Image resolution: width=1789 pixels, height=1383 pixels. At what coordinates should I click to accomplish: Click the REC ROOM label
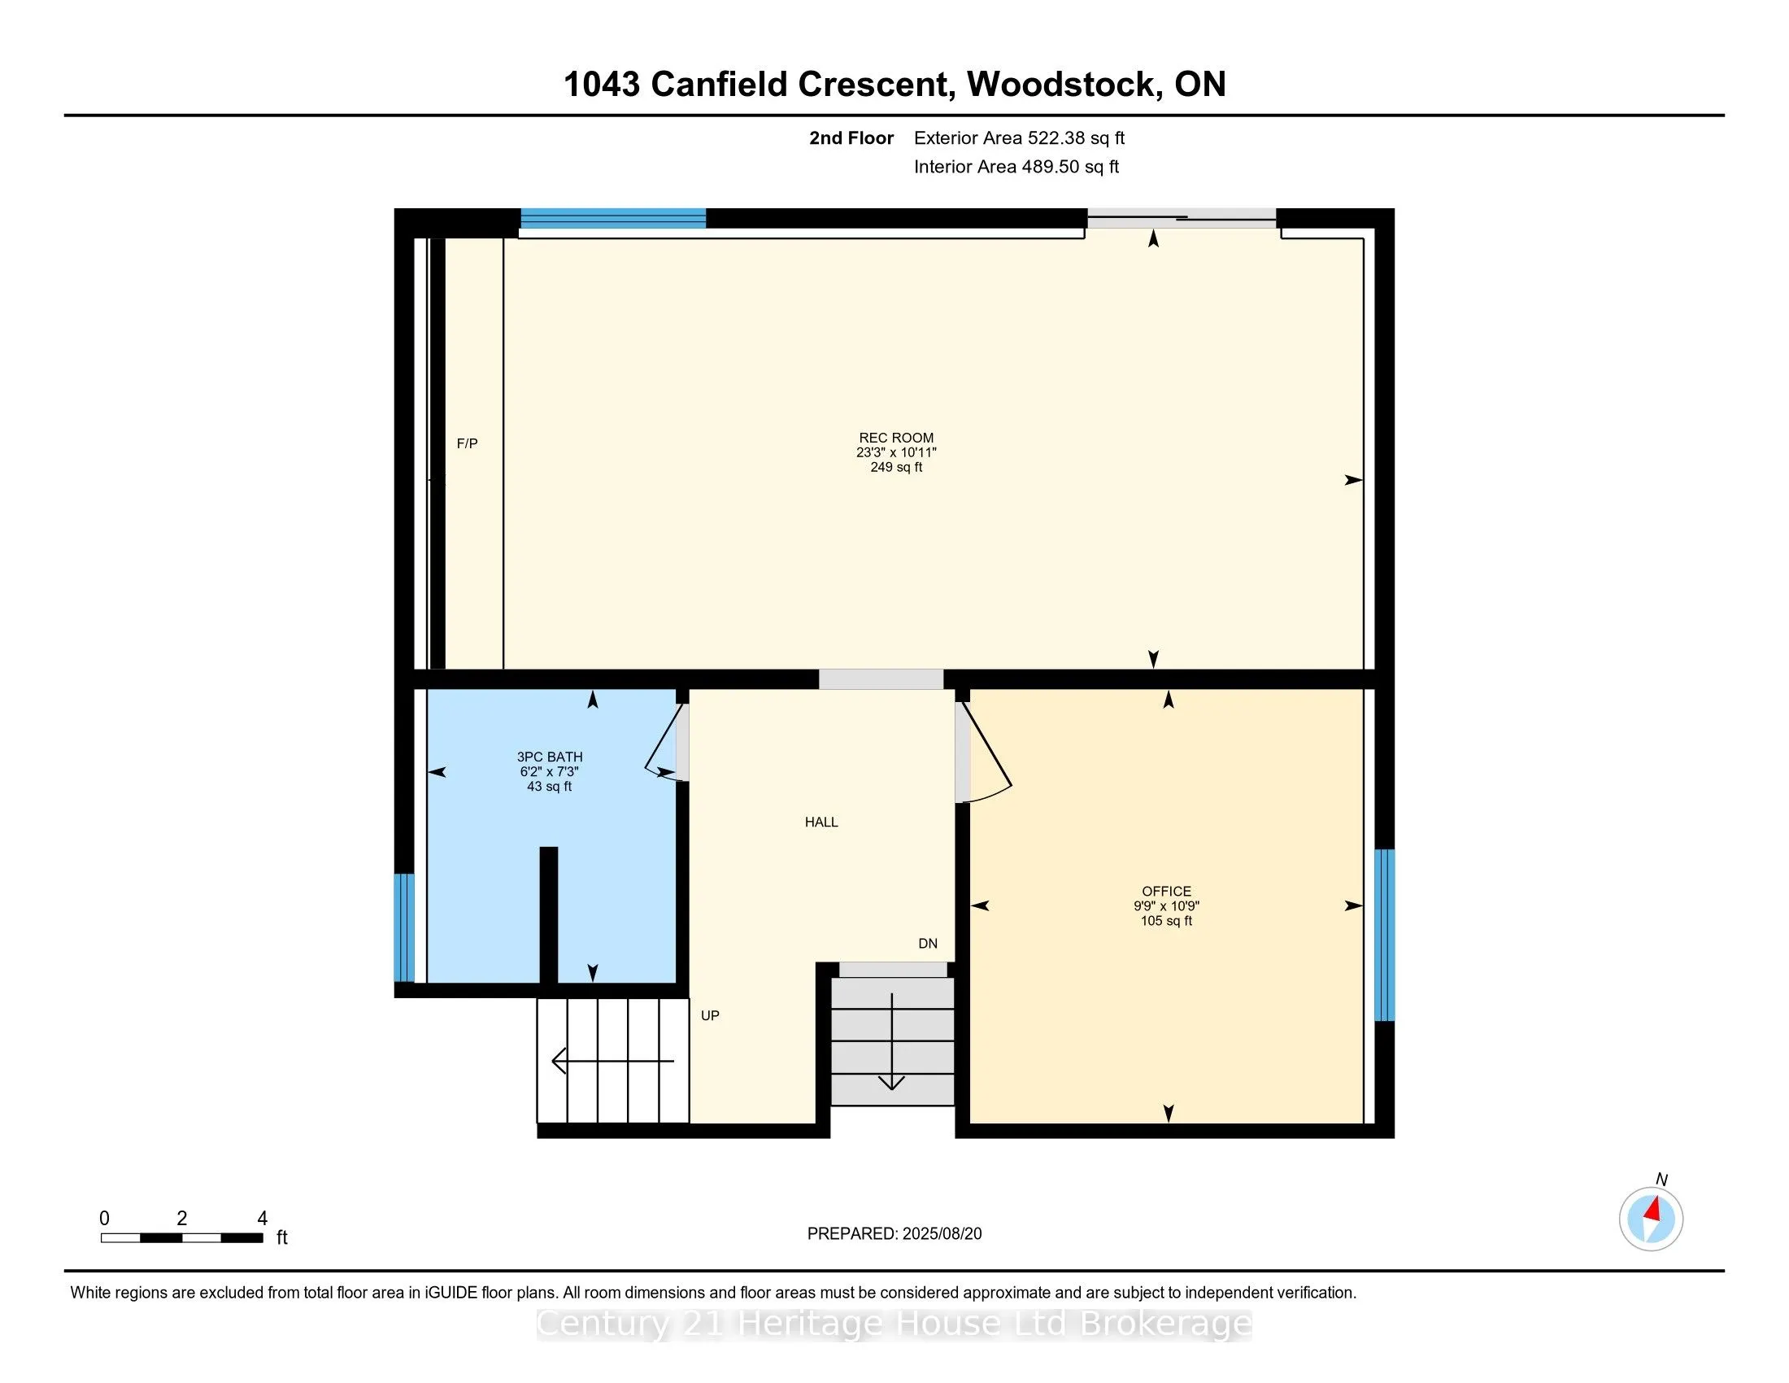895,438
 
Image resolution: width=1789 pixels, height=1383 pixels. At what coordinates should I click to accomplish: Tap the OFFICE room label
1166,892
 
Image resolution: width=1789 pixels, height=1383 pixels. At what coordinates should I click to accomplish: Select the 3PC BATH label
550,757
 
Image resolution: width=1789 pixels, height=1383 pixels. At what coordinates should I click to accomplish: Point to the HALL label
821,822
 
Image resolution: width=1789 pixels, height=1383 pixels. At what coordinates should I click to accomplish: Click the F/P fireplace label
467,443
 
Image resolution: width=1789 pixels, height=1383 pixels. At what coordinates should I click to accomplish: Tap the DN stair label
927,943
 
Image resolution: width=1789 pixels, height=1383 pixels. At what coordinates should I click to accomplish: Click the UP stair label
709,1015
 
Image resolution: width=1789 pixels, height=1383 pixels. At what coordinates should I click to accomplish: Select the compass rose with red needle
1651,1219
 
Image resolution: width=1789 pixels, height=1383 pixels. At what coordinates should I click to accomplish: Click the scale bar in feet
182,1237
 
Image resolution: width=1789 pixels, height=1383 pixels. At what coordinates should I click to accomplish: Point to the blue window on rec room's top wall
612,218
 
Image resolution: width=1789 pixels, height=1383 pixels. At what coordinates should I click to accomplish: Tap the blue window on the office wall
1383,934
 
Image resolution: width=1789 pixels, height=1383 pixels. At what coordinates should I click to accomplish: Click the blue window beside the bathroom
404,927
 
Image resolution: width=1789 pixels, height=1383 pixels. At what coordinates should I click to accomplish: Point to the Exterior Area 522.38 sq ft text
1019,137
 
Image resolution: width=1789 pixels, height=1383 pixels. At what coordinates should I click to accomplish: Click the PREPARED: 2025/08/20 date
894,1233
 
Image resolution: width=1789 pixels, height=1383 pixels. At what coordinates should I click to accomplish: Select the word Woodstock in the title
1064,85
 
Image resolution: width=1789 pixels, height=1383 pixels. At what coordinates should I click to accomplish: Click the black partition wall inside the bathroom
548,914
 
